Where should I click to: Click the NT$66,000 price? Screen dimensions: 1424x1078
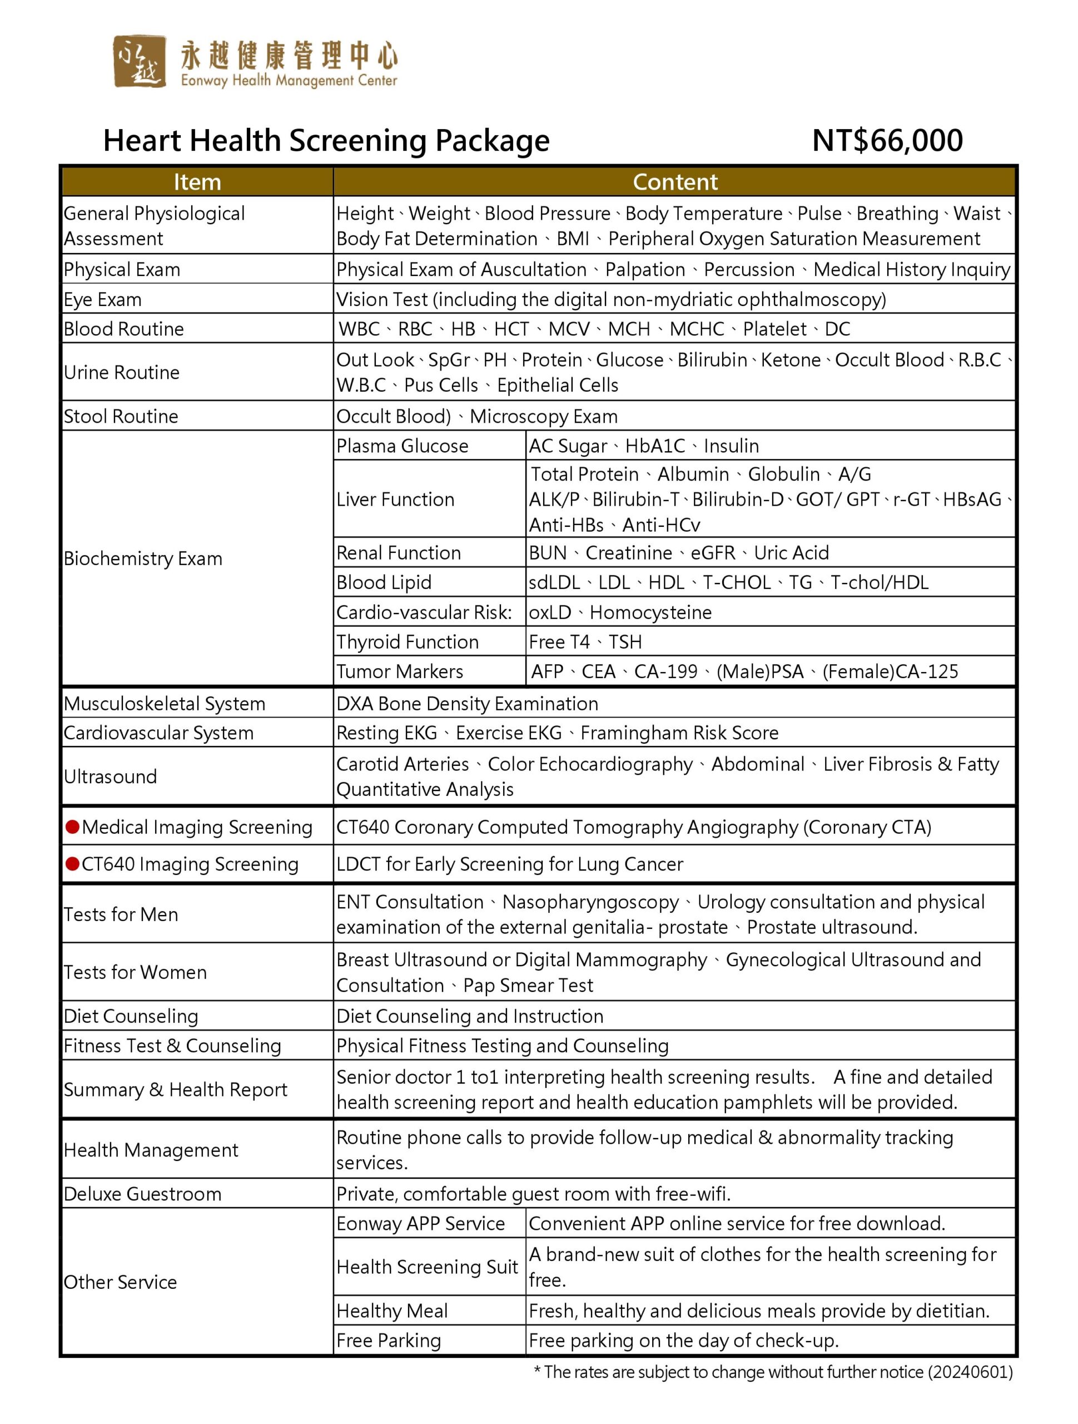click(x=887, y=140)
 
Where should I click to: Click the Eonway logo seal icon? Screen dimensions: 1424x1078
click(x=139, y=61)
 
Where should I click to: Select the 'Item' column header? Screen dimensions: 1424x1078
click(x=197, y=182)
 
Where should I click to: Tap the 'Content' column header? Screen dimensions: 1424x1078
click(x=674, y=182)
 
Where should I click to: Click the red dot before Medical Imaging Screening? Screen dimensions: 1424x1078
click(x=73, y=827)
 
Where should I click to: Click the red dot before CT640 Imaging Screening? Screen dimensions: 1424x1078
click(x=73, y=863)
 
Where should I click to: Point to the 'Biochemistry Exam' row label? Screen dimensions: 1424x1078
click(x=143, y=558)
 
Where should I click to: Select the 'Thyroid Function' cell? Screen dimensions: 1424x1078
click(x=408, y=642)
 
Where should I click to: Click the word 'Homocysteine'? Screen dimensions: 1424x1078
click(x=650, y=612)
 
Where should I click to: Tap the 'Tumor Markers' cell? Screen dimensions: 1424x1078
click(x=400, y=671)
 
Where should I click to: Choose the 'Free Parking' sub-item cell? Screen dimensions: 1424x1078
click(x=389, y=1341)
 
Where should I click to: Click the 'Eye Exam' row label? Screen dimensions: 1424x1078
click(x=102, y=299)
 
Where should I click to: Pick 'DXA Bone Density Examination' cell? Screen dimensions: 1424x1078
click(x=467, y=704)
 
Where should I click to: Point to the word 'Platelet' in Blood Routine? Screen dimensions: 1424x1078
click(x=774, y=329)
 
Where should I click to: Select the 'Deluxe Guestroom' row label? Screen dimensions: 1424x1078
click(x=142, y=1194)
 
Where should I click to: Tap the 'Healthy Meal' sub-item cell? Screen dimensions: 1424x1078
click(x=392, y=1311)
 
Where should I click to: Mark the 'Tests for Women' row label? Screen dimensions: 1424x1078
click(x=135, y=972)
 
